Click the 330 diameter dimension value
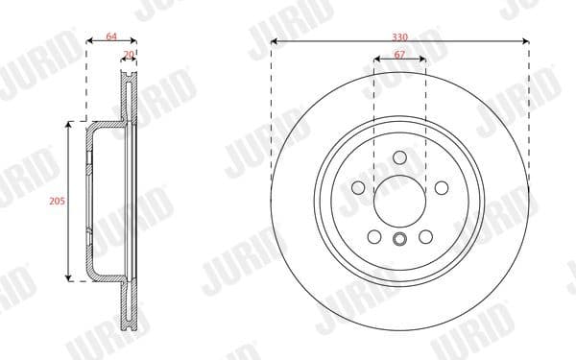[399, 36]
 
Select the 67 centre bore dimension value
[399, 55]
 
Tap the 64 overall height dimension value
[111, 36]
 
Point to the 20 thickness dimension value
[130, 55]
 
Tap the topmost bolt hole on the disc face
[399, 159]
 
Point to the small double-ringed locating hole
[399, 238]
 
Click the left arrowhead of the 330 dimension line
[274, 41]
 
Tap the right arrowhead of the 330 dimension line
[526, 41]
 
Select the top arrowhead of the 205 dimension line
[68, 124]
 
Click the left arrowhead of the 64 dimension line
[89, 41]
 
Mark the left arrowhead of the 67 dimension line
[375, 60]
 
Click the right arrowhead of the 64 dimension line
[135, 41]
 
